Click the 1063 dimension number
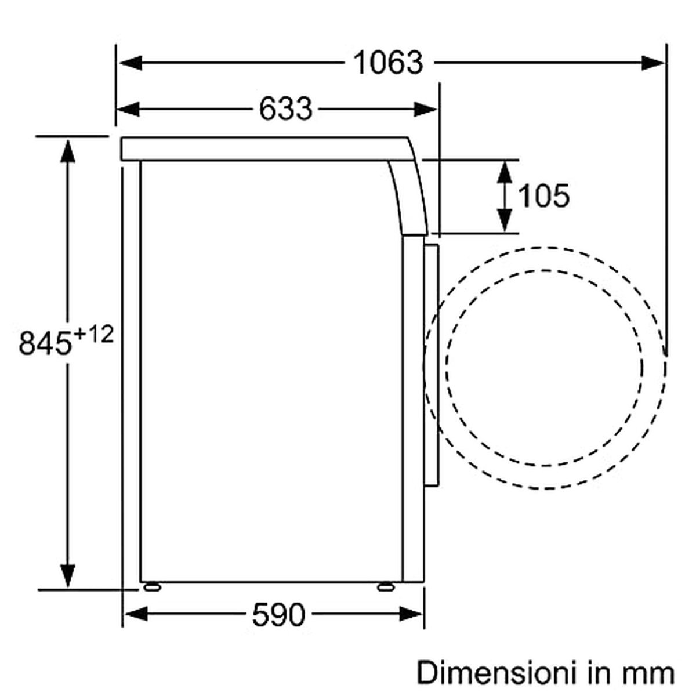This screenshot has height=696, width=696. point(388,63)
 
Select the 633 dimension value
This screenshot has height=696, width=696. point(285,108)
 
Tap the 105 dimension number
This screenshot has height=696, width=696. point(543,196)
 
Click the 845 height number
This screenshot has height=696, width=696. point(45,342)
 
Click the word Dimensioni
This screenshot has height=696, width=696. point(496,673)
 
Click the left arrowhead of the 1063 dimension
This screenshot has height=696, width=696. point(130,63)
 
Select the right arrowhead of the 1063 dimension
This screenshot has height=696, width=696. point(653,63)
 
